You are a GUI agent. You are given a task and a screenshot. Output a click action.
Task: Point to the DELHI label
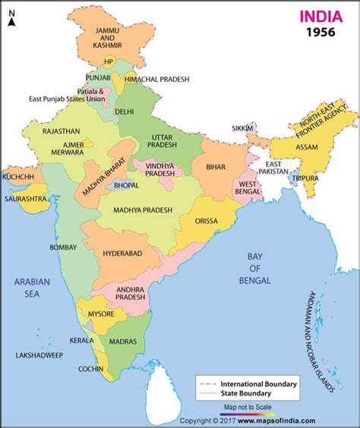[x=124, y=111]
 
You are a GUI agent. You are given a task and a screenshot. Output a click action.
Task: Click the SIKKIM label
[x=243, y=129]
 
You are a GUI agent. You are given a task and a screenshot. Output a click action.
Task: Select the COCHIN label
[x=91, y=369]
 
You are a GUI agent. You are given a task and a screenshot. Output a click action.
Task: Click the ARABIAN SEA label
[x=31, y=288]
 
